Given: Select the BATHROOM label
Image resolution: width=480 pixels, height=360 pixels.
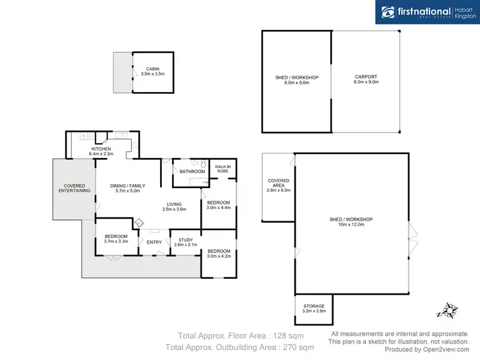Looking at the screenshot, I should tap(192, 171).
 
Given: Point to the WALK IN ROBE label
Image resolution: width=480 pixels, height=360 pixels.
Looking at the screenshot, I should tap(222, 169).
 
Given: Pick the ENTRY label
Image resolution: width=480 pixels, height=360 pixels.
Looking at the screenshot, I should tap(154, 242).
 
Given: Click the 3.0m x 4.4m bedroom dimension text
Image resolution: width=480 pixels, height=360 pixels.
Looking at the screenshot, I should tap(218, 207).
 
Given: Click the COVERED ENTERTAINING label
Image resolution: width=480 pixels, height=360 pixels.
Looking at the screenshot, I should tap(74, 188).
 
